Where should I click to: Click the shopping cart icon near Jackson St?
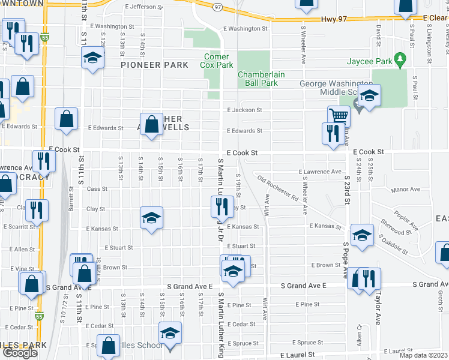point(339,115)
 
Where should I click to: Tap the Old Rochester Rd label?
point(278,187)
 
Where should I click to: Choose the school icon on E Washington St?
point(92,58)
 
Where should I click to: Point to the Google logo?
point(19,353)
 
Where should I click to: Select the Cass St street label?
point(97,188)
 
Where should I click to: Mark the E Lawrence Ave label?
point(319,172)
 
